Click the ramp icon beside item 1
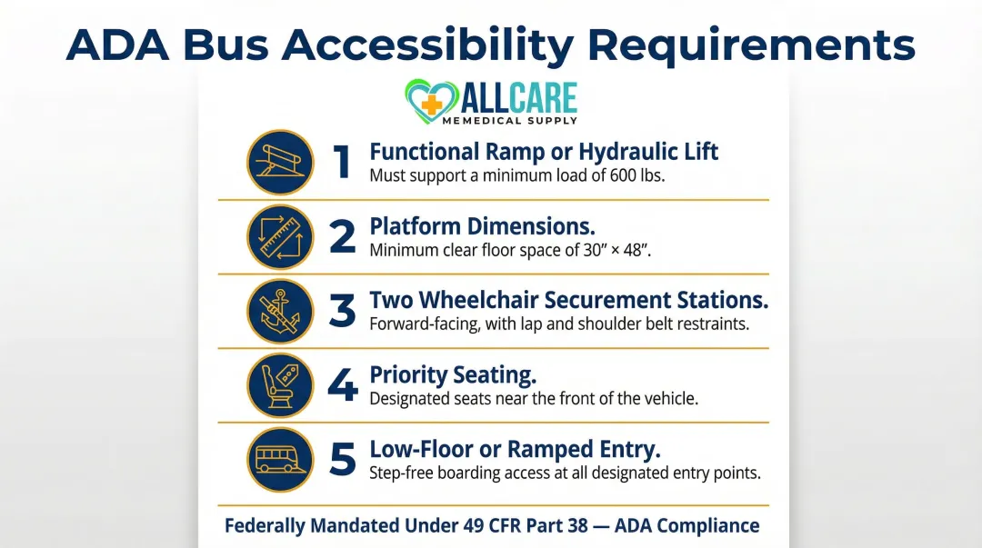(x=281, y=162)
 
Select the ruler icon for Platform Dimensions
(x=281, y=236)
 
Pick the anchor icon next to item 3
(x=281, y=311)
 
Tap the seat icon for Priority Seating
(x=281, y=384)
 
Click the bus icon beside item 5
(x=281, y=459)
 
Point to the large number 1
(x=342, y=162)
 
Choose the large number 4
(x=342, y=385)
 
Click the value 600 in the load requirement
(x=613, y=175)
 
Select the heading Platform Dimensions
(x=481, y=225)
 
